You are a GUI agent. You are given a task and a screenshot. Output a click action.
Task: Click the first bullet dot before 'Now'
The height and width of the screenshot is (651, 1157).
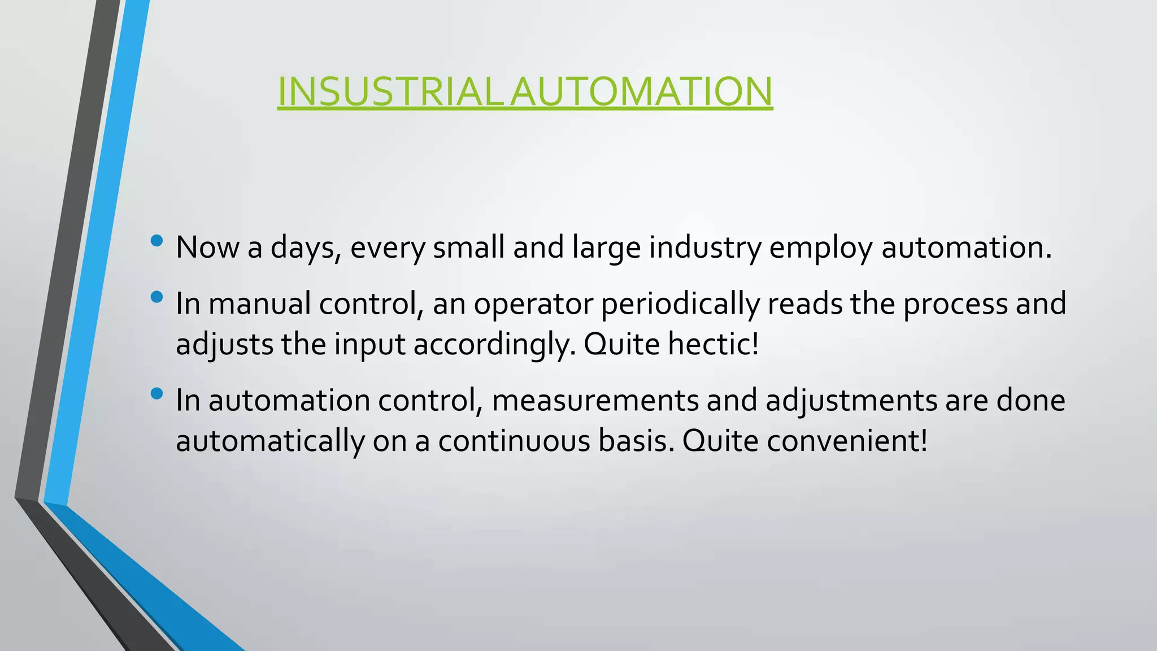point(157,241)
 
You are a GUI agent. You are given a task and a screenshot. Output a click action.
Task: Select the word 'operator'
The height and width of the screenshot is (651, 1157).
point(533,303)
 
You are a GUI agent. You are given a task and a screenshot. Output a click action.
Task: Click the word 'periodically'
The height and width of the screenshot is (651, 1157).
point(680,303)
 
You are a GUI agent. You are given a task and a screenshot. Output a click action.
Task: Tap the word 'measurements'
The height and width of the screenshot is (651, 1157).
point(595,400)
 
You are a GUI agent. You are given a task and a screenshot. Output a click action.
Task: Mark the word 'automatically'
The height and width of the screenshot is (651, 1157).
point(270,440)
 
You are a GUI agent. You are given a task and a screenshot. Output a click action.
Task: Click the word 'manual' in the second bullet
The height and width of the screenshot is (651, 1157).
point(259,303)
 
